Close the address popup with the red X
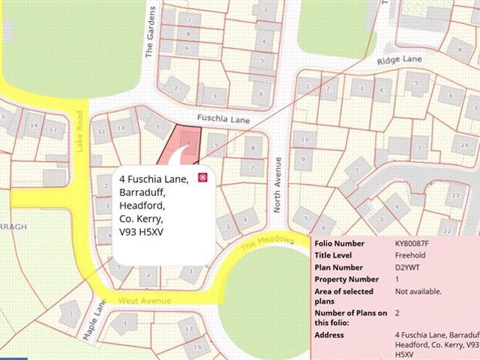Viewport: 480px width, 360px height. [x=201, y=177]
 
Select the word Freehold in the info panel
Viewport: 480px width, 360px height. [x=410, y=256]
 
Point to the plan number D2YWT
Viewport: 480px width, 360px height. [x=407, y=268]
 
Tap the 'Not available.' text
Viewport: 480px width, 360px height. [x=418, y=291]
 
